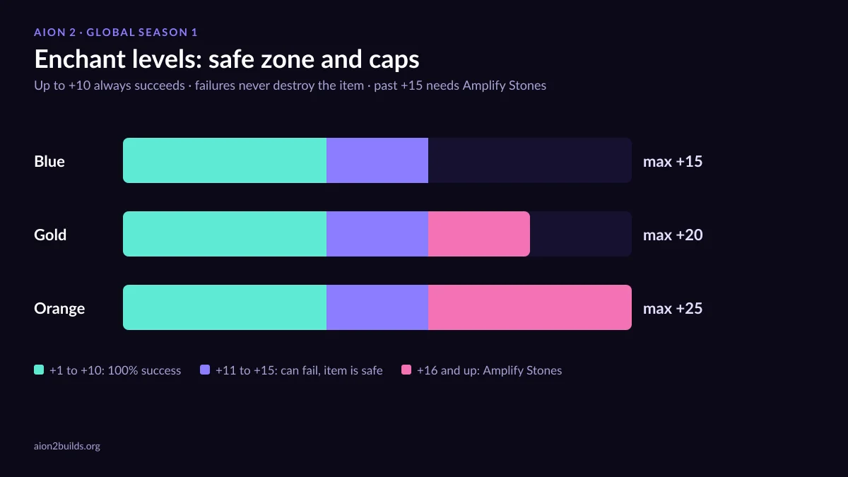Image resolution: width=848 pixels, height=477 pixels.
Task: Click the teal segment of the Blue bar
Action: [225, 160]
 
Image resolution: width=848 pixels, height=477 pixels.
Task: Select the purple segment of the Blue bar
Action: [377, 160]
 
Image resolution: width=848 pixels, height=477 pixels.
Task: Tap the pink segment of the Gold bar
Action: [479, 234]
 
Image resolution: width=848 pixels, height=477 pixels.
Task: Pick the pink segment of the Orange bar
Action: [530, 307]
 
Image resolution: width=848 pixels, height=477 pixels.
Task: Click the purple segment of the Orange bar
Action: [377, 307]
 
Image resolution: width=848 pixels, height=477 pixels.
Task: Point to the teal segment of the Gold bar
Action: [225, 234]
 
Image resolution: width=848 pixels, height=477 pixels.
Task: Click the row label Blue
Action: [49, 161]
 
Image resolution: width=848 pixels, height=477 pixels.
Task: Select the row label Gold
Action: [50, 235]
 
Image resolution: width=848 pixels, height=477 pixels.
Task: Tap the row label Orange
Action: [59, 309]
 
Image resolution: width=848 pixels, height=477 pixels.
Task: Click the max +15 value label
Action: [673, 162]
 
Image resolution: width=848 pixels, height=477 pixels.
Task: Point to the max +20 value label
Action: [673, 235]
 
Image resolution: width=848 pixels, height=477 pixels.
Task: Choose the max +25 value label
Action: [673, 309]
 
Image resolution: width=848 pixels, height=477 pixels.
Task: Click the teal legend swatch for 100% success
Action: [39, 370]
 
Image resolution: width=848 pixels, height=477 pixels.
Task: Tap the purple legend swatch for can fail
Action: [205, 370]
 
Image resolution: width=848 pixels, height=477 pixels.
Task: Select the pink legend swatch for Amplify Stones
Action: [406, 370]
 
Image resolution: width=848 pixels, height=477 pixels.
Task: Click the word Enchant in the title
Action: [79, 59]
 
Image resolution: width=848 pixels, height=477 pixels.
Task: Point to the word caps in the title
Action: [394, 61]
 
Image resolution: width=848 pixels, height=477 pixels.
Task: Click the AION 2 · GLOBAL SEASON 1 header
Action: [116, 33]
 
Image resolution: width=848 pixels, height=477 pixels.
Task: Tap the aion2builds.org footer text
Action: [67, 446]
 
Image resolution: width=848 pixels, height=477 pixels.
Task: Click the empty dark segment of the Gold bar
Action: [581, 234]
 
